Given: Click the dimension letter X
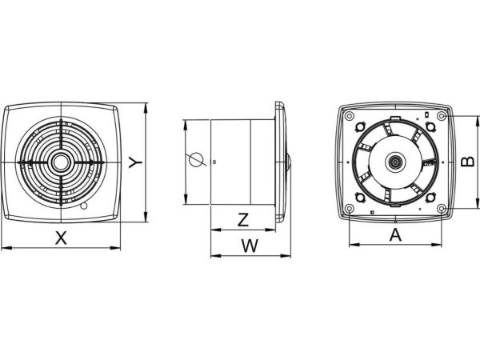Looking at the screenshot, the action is pos(62,238).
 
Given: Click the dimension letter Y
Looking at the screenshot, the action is pos(135,162).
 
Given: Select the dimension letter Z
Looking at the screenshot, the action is pos(243,219).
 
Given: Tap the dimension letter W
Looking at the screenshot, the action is pos(250,246).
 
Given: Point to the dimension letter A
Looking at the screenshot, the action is pos(395,234).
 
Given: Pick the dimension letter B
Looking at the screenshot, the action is pos(467,162).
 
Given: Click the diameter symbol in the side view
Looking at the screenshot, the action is pos(196,160).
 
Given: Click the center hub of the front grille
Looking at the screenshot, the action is pos(62,162).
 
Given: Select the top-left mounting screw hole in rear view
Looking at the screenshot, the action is pos(350,116).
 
